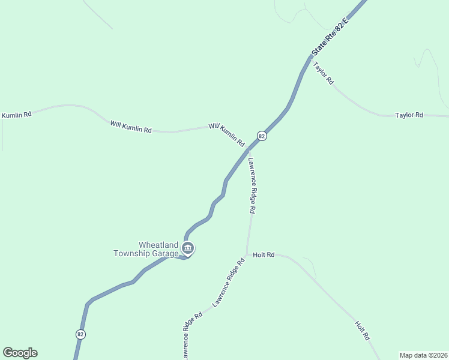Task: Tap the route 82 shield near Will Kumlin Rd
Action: [x=261, y=136]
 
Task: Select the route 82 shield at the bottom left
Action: [x=80, y=334]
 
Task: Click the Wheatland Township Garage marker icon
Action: [x=188, y=248]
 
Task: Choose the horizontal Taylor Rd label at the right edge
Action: [x=409, y=115]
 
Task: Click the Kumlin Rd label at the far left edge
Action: [x=17, y=114]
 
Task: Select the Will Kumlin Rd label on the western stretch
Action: [x=131, y=127]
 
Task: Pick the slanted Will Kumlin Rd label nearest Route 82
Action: [x=226, y=135]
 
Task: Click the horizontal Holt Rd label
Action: [x=264, y=255]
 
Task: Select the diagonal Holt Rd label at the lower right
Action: [x=361, y=331]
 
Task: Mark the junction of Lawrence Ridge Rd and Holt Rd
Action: [x=247, y=254]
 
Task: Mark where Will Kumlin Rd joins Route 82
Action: [x=247, y=149]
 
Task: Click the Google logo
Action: [x=20, y=353]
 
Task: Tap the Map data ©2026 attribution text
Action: [x=423, y=355]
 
